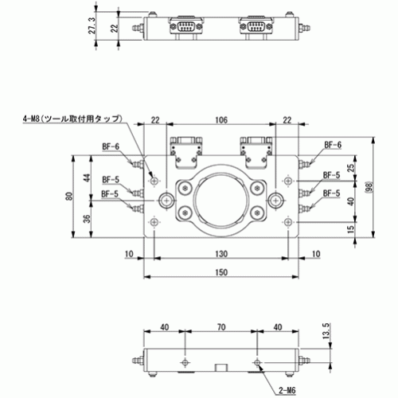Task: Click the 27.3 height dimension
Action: (92, 25)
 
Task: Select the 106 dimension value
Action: (221, 120)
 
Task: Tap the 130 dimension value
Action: (221, 254)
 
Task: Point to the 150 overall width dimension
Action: (221, 272)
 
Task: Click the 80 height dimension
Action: (69, 197)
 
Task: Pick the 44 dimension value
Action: (87, 178)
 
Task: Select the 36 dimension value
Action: (87, 218)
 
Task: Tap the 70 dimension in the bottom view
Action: (221, 327)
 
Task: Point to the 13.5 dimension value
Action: (326, 331)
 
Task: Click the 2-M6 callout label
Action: (287, 390)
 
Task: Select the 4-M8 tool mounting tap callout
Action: (72, 119)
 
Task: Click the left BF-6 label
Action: (111, 146)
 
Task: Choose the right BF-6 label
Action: (333, 145)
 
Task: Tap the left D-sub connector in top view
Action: (185, 27)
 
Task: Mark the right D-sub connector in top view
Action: (256, 27)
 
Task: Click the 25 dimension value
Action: (351, 168)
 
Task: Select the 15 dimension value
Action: (351, 228)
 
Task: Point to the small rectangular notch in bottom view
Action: (221, 368)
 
